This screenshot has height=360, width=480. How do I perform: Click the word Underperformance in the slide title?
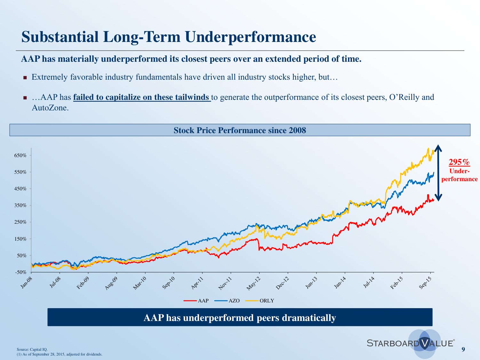[x=250, y=37]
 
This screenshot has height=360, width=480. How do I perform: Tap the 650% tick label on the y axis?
[x=20, y=156]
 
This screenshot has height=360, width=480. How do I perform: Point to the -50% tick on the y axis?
[x=20, y=272]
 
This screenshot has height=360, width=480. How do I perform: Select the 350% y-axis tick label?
[x=20, y=205]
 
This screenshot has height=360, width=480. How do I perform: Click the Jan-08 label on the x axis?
[x=27, y=283]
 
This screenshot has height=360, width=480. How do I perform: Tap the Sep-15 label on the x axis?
[x=425, y=283]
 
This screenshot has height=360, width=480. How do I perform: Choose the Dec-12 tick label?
[x=282, y=283]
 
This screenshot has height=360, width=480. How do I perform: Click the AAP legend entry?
[x=203, y=301]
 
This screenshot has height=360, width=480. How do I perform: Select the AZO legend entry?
[x=234, y=301]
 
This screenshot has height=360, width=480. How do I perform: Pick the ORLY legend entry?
[x=267, y=301]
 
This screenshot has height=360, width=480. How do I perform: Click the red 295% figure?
[x=459, y=162]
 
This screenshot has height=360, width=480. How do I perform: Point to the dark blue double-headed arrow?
[x=438, y=173]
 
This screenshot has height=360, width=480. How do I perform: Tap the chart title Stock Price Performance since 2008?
[x=240, y=130]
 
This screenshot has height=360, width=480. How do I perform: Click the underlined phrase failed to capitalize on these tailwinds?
[x=141, y=97]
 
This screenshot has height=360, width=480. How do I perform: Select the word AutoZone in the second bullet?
[x=50, y=108]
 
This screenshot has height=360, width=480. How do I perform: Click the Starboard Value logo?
[x=411, y=343]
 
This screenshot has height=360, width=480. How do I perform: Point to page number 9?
[x=463, y=349]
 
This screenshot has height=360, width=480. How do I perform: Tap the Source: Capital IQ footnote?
[x=32, y=349]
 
